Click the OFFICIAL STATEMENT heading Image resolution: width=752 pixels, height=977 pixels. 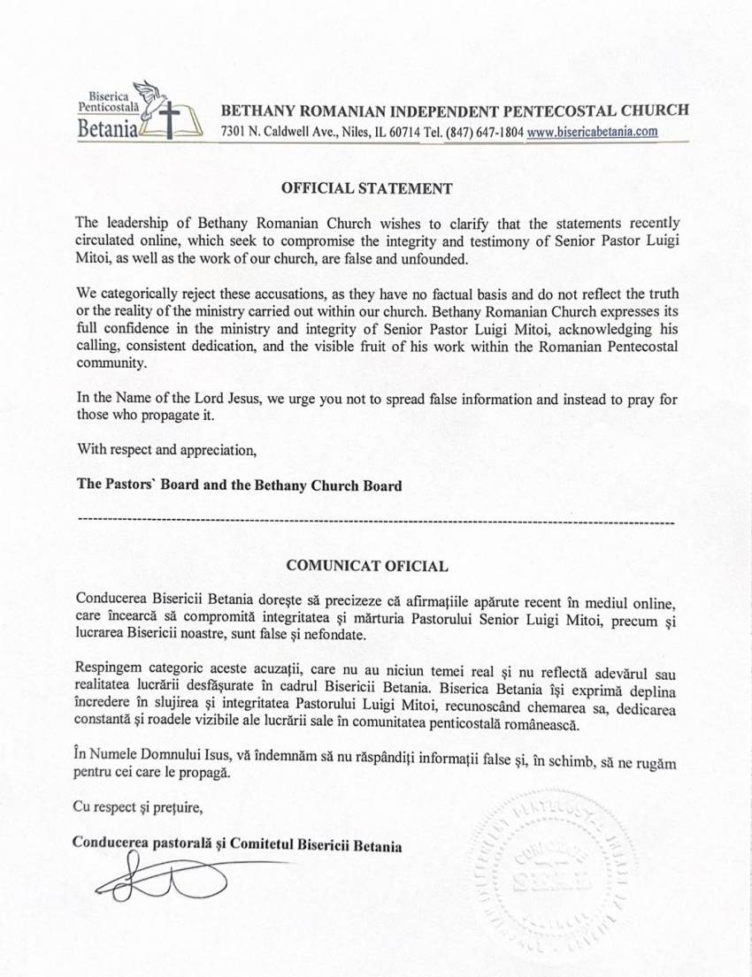(x=367, y=188)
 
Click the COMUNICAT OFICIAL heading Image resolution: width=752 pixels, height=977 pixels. (x=367, y=563)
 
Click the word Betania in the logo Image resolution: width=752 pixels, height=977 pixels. (x=107, y=130)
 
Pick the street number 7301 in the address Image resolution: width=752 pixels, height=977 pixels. (x=234, y=132)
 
